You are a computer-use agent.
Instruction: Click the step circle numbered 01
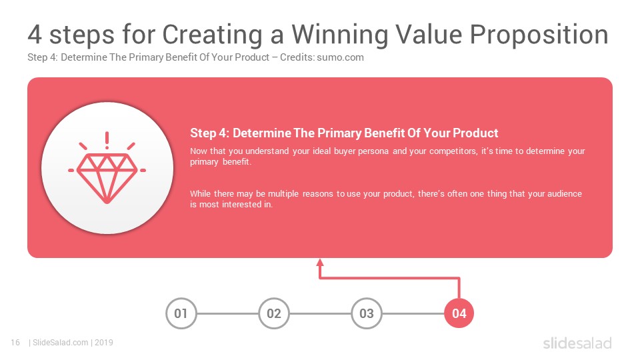[x=181, y=313]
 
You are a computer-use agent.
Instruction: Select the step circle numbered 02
[x=274, y=313]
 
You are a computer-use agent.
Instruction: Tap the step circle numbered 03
[x=367, y=313]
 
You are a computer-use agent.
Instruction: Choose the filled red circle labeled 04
[x=459, y=313]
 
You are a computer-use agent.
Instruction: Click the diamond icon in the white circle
[x=107, y=178]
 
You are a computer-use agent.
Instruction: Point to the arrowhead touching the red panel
[x=320, y=263]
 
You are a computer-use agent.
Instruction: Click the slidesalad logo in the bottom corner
[x=577, y=343]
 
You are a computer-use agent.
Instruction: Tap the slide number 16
[x=15, y=343]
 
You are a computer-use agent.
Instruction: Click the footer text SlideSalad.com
[x=61, y=343]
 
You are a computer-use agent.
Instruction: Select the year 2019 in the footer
[x=104, y=343]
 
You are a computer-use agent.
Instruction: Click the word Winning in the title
[x=339, y=35]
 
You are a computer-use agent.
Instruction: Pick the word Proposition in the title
[x=539, y=34]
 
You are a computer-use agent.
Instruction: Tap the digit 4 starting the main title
[x=35, y=34]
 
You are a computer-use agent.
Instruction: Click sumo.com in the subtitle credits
[x=341, y=57]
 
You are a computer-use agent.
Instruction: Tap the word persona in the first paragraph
[x=373, y=151]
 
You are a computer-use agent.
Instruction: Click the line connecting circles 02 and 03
[x=321, y=313]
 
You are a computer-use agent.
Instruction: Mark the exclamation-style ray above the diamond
[x=107, y=140]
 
